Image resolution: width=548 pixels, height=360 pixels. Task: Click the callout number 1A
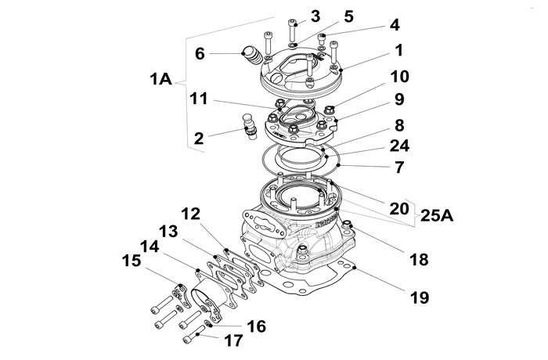pos(160,79)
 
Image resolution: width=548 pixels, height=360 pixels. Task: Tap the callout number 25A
pos(437,215)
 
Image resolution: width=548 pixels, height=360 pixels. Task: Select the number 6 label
pos(200,54)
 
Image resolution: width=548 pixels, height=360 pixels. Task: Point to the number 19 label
pos(420,297)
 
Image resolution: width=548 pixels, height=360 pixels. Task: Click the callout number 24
pos(399,146)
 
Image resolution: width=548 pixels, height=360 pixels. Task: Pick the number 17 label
pos(233,340)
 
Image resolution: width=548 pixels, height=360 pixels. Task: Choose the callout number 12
pos(191,214)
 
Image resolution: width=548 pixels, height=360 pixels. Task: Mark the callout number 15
pos(132,261)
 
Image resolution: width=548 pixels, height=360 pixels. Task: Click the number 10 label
pos(399,76)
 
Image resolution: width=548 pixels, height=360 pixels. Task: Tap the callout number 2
pos(199,139)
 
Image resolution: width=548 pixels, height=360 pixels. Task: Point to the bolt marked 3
pos(292,30)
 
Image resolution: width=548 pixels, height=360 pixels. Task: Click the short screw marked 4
pos(322,39)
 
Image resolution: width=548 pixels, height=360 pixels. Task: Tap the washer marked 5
pos(293,45)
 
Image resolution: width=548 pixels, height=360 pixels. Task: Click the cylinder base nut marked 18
pos(347,225)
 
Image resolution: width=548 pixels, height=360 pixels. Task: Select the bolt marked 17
pos(194,333)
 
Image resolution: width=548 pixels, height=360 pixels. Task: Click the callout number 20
pos(399,208)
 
